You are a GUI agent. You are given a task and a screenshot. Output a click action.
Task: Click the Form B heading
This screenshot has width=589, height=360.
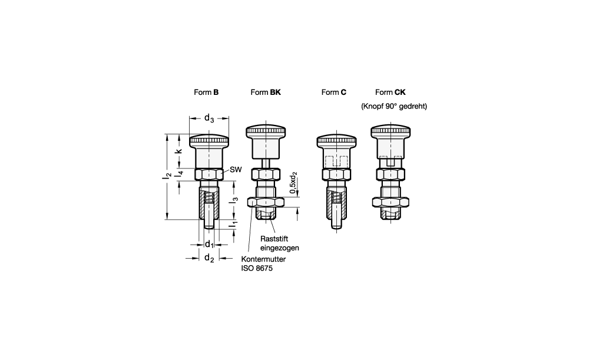point(206,92)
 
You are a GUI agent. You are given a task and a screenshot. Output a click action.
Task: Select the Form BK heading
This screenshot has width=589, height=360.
point(266,92)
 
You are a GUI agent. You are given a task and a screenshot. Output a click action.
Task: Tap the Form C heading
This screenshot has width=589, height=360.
point(333,92)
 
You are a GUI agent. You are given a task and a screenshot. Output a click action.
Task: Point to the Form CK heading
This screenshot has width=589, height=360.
point(391,92)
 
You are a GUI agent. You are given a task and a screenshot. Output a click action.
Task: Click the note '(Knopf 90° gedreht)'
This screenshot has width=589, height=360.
point(394,106)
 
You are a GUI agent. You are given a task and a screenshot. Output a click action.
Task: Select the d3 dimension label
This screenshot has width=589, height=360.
point(209,118)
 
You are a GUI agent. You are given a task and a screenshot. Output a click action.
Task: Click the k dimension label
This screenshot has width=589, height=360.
point(179,151)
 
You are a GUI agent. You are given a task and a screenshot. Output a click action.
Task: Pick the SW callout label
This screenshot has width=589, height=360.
point(236,170)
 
